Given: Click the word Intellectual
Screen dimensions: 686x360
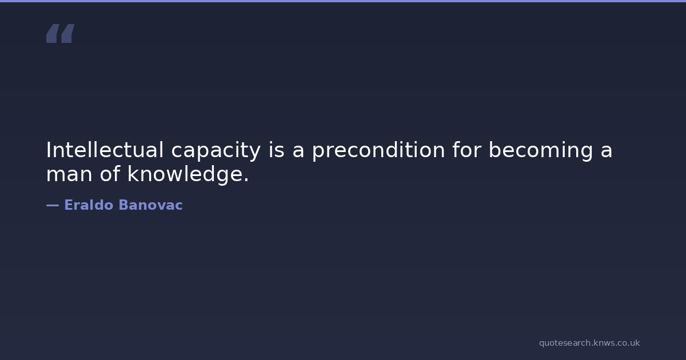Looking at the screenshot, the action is tap(105, 150).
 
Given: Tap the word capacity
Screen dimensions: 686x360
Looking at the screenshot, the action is tap(216, 151).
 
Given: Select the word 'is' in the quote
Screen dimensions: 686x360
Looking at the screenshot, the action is tap(276, 150).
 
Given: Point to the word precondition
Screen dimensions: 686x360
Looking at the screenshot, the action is tap(378, 151).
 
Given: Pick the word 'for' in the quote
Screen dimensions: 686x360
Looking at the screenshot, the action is tap(467, 150).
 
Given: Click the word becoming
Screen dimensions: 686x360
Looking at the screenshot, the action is tap(541, 151).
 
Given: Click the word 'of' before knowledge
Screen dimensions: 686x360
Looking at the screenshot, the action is tap(110, 173).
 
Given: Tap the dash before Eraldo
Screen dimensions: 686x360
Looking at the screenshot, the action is tap(53, 205).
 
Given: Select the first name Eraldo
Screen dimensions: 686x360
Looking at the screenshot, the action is tap(89, 205).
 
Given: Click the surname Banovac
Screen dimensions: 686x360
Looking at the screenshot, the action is tap(151, 205).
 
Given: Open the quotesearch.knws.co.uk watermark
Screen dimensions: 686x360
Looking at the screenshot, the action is tap(589, 343).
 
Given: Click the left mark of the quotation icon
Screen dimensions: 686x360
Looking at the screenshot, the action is tap(53, 33).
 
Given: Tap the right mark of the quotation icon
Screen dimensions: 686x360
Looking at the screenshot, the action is tap(68, 33).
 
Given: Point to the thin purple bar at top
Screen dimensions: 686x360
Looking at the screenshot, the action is tap(343, 1).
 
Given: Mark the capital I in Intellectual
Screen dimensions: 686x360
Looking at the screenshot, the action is tap(48, 150).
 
